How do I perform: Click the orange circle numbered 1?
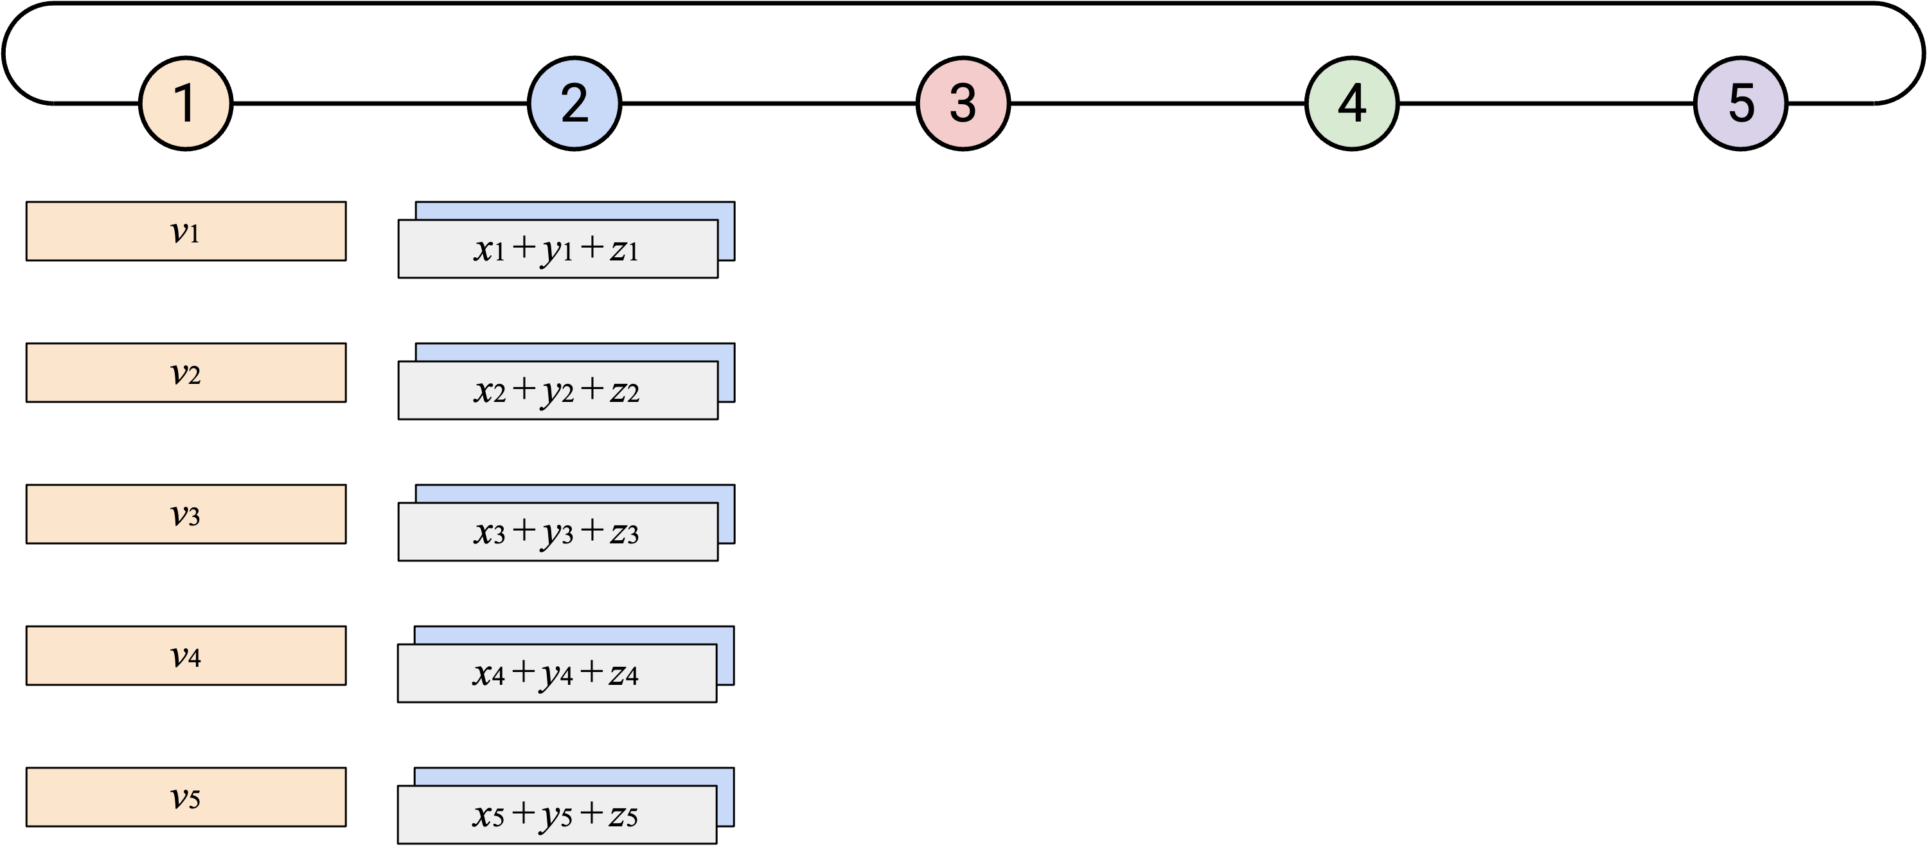[x=186, y=104]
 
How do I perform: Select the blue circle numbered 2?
[x=574, y=104]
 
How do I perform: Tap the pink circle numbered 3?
[x=963, y=104]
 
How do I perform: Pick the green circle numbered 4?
[x=1351, y=104]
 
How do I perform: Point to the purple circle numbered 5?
[x=1740, y=104]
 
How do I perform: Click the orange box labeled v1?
[x=186, y=231]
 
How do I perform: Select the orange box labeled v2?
[x=186, y=372]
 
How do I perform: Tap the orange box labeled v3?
[x=186, y=514]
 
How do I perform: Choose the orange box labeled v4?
[x=186, y=655]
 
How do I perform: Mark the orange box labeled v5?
[x=186, y=797]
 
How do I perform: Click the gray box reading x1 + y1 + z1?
[x=558, y=249]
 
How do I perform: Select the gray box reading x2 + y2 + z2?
[x=558, y=390]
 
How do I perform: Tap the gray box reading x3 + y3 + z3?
[x=558, y=532]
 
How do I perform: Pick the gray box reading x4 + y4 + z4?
[x=557, y=673]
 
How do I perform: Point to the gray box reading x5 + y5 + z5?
[x=557, y=815]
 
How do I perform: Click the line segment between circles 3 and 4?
[x=1158, y=104]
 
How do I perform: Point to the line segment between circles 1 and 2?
[x=380, y=104]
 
